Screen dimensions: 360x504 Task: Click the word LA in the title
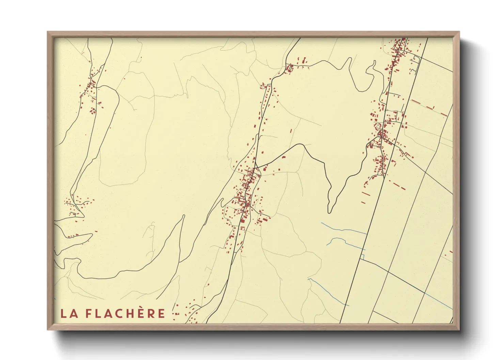pyautogui.click(x=69, y=313)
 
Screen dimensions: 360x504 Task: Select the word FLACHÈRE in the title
pyautogui.click(x=125, y=313)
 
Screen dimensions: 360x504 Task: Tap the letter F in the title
pyautogui.click(x=88, y=313)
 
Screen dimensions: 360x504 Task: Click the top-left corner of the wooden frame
pyautogui.click(x=48, y=32)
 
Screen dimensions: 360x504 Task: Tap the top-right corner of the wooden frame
pyautogui.click(x=459, y=32)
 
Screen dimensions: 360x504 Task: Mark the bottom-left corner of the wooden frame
pyautogui.click(x=48, y=329)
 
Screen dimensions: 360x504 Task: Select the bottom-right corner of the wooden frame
pyautogui.click(x=459, y=329)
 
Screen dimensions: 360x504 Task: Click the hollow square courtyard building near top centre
pyautogui.click(x=290, y=69)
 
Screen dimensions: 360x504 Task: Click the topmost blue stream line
pyautogui.click(x=344, y=229)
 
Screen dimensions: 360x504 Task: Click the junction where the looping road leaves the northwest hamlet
pyautogui.click(x=97, y=87)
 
